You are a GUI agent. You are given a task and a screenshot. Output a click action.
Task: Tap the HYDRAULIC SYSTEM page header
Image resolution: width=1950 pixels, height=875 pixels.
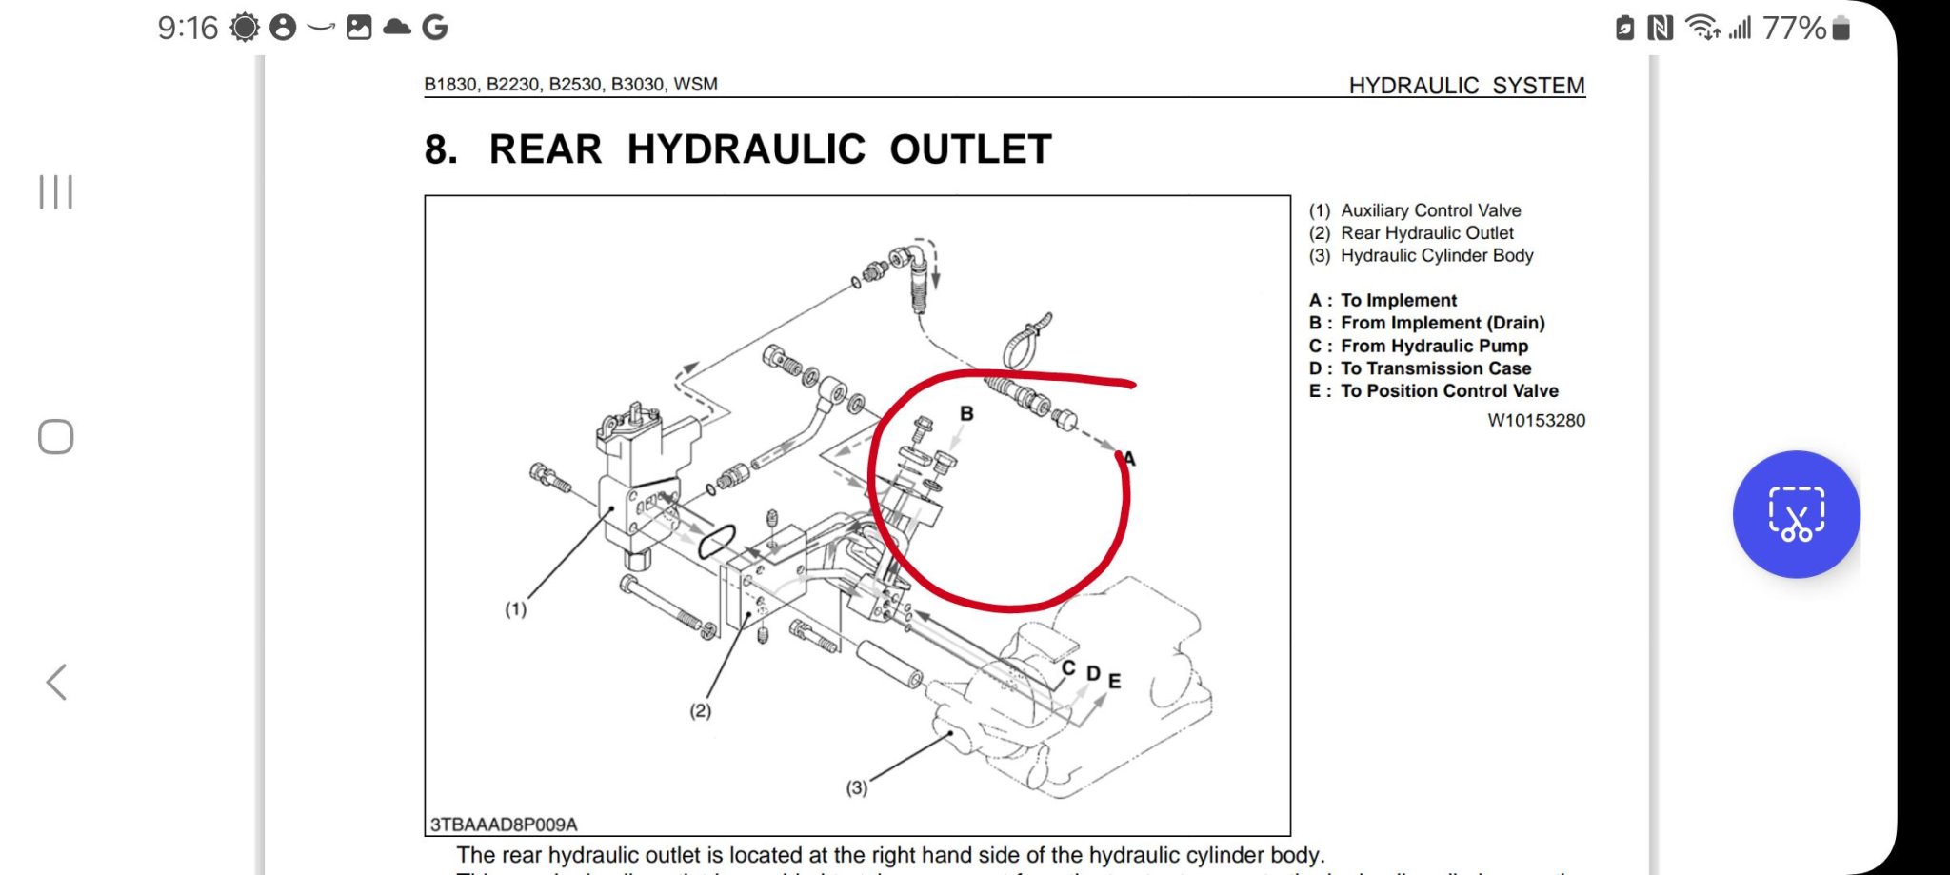click(x=1466, y=86)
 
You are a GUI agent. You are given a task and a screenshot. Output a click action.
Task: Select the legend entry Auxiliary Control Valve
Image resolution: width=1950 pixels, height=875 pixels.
click(x=1430, y=210)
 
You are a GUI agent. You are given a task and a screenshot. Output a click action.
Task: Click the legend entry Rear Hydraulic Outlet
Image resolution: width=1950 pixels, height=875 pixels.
click(x=1426, y=233)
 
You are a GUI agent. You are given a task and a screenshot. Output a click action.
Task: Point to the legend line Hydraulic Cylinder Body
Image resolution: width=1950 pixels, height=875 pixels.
click(x=1436, y=255)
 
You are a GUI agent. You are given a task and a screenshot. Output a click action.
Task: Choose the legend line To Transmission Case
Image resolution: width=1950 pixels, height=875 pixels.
click(x=1435, y=368)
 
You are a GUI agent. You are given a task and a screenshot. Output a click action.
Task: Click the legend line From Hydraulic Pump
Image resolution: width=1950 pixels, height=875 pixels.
click(x=1433, y=346)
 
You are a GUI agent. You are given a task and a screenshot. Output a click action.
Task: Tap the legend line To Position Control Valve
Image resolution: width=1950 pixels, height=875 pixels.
click(x=1448, y=391)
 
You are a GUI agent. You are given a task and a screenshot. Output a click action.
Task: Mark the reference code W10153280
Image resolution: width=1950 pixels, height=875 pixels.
click(x=1536, y=421)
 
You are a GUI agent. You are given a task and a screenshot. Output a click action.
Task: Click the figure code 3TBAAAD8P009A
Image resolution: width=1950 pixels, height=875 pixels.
click(x=504, y=825)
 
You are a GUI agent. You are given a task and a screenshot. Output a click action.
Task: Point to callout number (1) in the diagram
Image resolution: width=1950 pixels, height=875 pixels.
click(x=515, y=609)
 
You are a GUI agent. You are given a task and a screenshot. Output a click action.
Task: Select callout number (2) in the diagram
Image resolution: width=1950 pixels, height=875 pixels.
click(x=700, y=711)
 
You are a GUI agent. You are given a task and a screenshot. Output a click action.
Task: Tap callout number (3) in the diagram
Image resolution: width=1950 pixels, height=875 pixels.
click(x=857, y=788)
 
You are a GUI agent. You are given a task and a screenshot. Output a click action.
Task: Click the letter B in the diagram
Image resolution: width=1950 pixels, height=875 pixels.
click(x=966, y=413)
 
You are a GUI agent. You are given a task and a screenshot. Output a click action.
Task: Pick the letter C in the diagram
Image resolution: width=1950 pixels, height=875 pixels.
click(x=1068, y=668)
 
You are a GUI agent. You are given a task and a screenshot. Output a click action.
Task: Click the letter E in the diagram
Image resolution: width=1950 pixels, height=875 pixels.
click(x=1114, y=681)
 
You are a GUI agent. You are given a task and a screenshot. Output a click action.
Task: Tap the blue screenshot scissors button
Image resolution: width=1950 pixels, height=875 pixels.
click(x=1796, y=514)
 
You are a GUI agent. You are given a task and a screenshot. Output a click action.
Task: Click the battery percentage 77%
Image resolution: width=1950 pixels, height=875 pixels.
click(x=1793, y=29)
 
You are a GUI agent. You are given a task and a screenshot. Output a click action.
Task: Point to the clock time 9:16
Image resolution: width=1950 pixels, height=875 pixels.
click(x=188, y=29)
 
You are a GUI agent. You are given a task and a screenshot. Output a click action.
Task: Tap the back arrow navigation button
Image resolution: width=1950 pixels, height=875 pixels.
click(x=57, y=682)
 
